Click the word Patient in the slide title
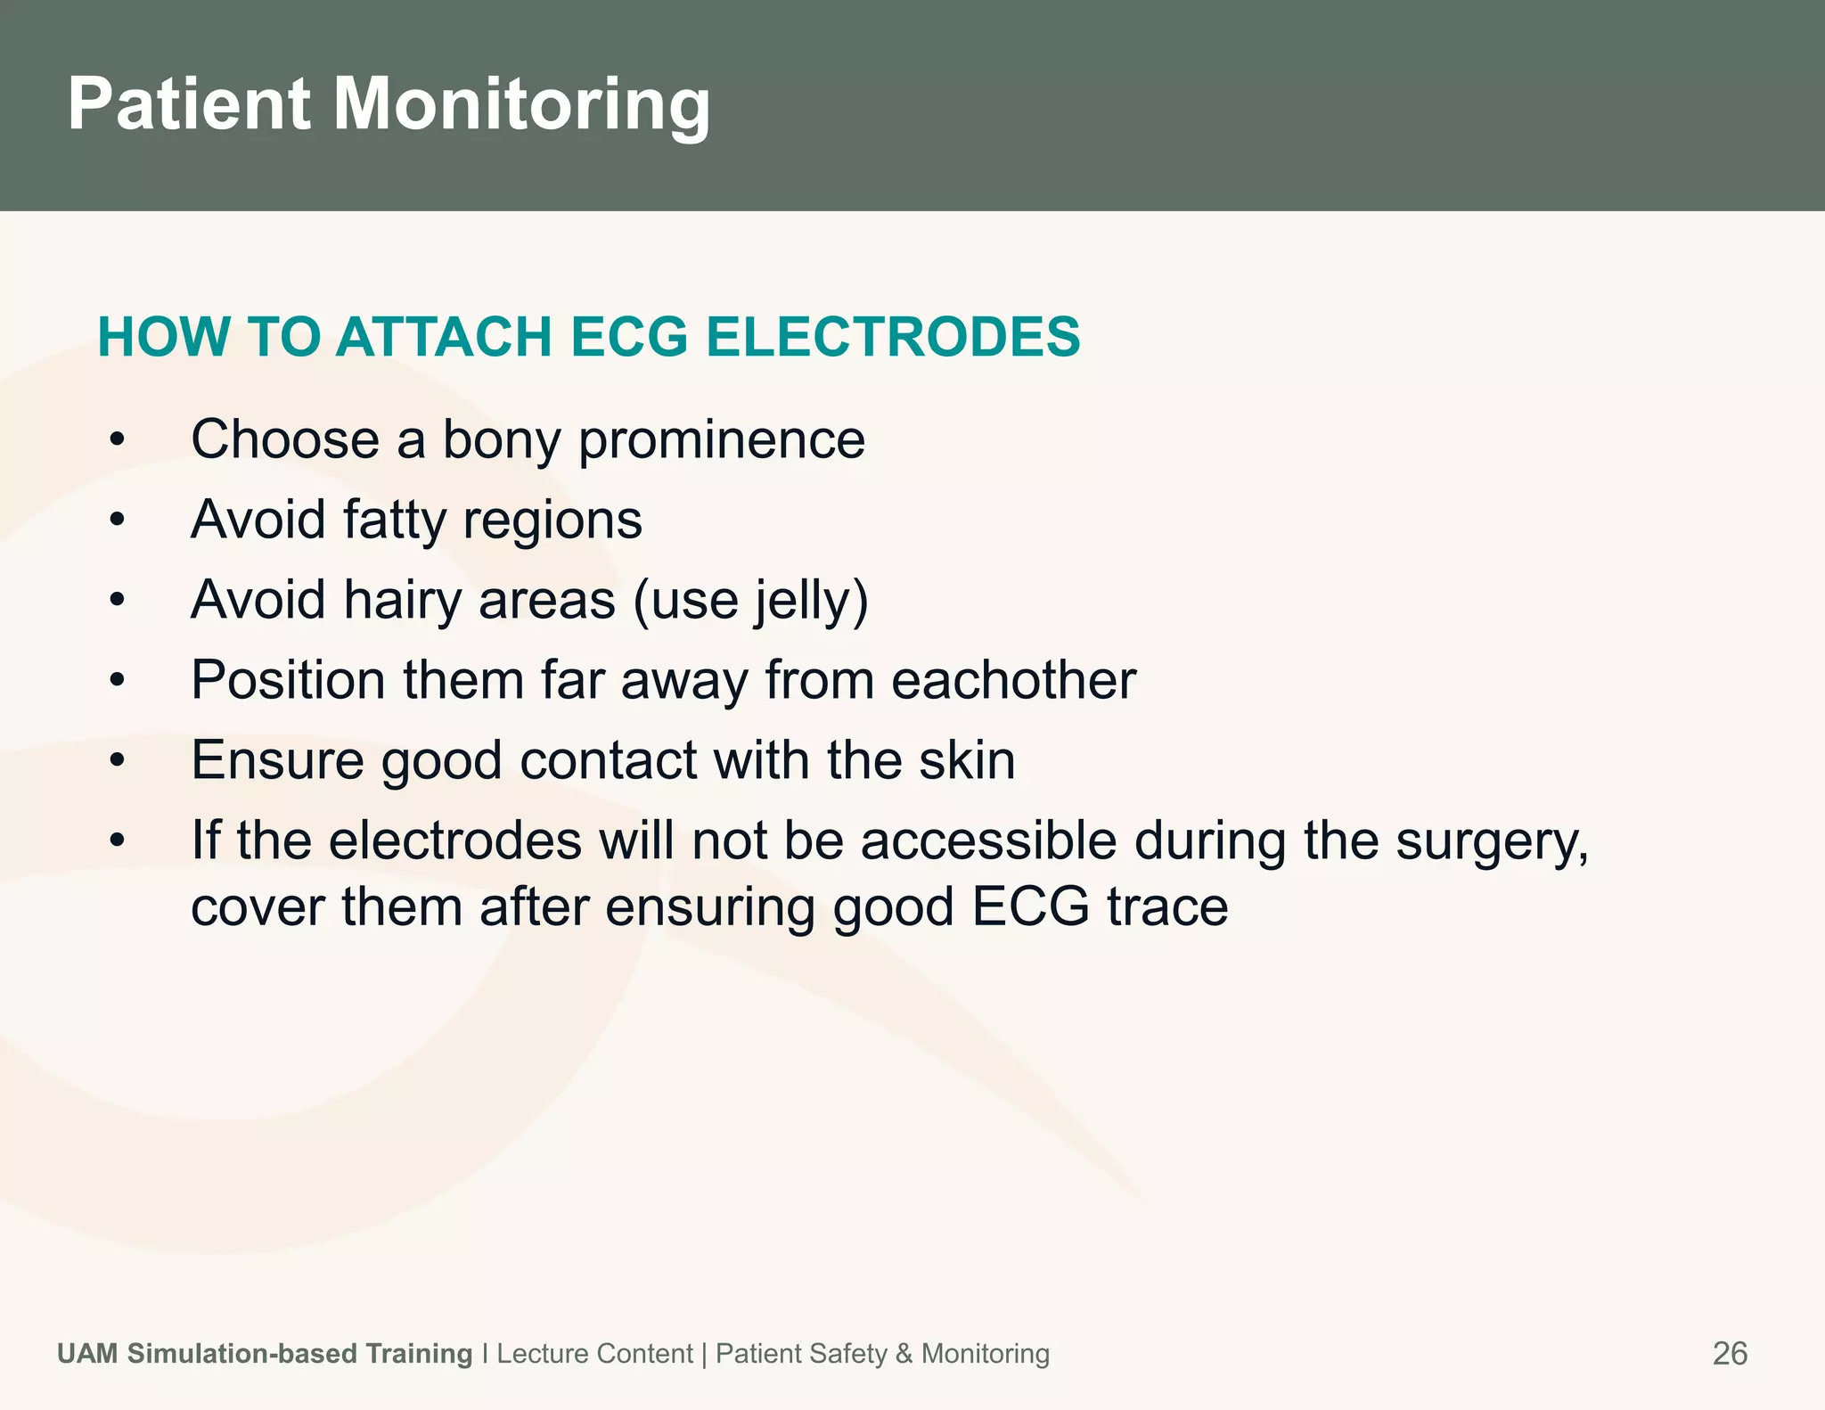[189, 104]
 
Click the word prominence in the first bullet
[722, 439]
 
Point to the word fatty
[393, 520]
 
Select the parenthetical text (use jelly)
[750, 600]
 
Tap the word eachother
[1013, 680]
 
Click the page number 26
[1730, 1353]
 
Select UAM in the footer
[87, 1353]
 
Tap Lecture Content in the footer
[594, 1353]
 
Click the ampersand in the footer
[904, 1353]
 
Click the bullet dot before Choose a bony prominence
[117, 439]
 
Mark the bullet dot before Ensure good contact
[117, 760]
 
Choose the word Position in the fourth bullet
[288, 680]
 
